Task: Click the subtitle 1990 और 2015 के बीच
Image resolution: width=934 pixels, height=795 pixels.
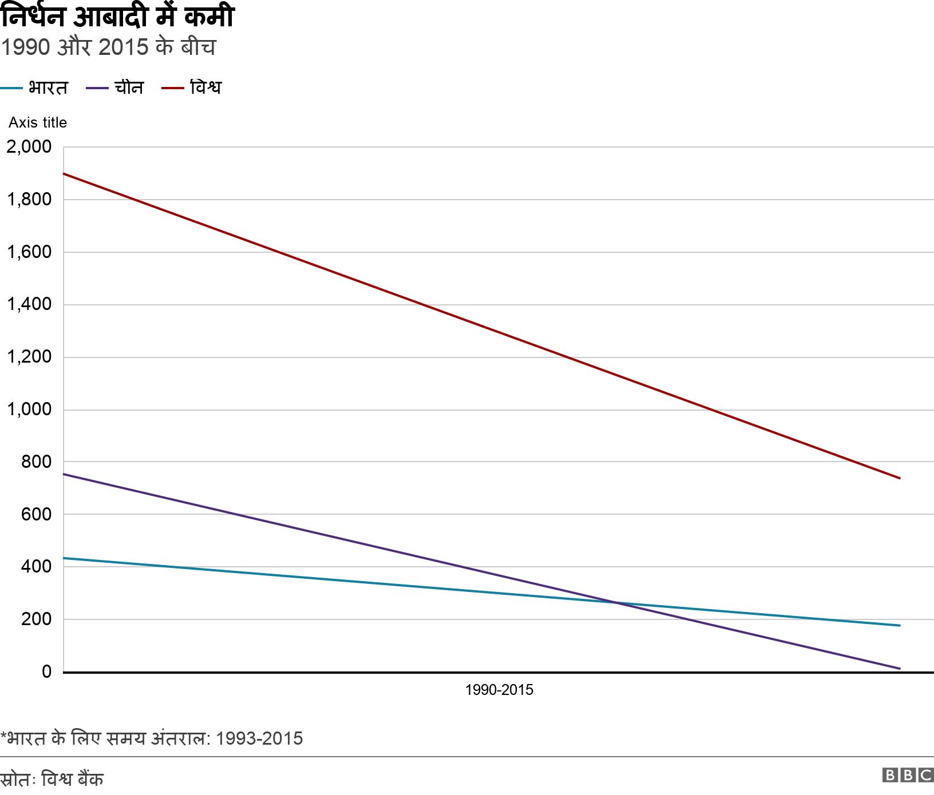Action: tap(108, 47)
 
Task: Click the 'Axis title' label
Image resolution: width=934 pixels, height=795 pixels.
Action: tap(38, 122)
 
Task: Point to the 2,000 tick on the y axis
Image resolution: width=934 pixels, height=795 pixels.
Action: tap(29, 147)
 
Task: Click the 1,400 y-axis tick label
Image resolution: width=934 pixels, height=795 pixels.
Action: tap(29, 304)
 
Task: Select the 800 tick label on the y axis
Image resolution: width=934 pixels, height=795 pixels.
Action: tap(36, 462)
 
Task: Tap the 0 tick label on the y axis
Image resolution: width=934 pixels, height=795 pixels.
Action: tap(46, 671)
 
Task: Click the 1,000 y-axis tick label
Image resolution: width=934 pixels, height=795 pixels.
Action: tap(29, 410)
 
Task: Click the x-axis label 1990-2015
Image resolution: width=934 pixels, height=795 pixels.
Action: tap(498, 690)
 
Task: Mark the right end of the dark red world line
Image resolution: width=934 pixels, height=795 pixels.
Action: tap(900, 478)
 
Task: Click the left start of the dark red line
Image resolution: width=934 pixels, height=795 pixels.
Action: tap(64, 173)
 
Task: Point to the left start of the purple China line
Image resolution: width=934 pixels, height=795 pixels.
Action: tap(64, 474)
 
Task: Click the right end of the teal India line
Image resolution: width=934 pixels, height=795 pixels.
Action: tap(900, 625)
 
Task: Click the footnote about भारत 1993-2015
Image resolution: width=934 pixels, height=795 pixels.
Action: tap(152, 738)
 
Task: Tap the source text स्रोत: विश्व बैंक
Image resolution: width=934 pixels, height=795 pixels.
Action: tap(52, 779)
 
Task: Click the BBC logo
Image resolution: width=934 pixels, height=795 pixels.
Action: tap(908, 776)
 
